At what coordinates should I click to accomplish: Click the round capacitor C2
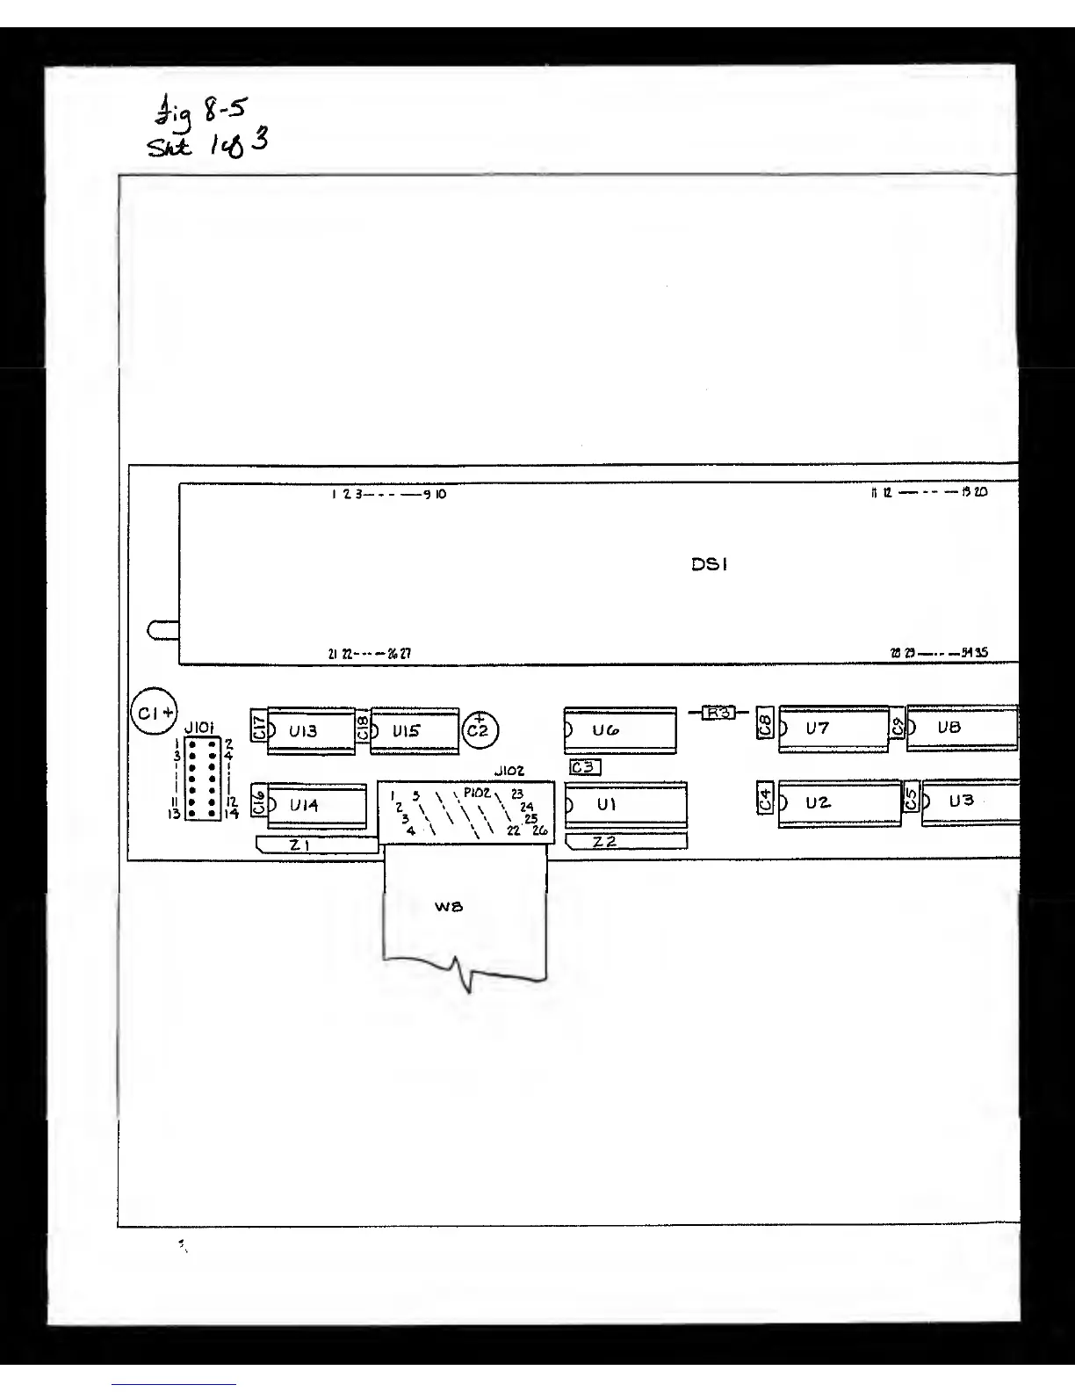point(480,730)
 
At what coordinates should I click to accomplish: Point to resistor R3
point(719,713)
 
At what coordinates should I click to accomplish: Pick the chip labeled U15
point(414,730)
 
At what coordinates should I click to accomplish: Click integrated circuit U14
point(314,805)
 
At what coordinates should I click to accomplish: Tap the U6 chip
point(620,729)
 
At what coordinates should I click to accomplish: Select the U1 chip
point(624,804)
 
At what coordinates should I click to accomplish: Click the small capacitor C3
point(585,767)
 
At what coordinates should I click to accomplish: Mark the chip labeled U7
point(833,729)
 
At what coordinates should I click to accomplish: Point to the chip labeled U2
point(838,803)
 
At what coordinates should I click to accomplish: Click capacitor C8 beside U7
point(765,724)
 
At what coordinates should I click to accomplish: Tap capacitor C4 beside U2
point(765,800)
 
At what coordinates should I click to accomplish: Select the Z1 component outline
point(316,845)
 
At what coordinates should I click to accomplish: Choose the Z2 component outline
point(625,842)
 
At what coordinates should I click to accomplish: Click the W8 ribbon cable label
point(449,906)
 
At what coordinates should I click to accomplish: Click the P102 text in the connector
point(477,794)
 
